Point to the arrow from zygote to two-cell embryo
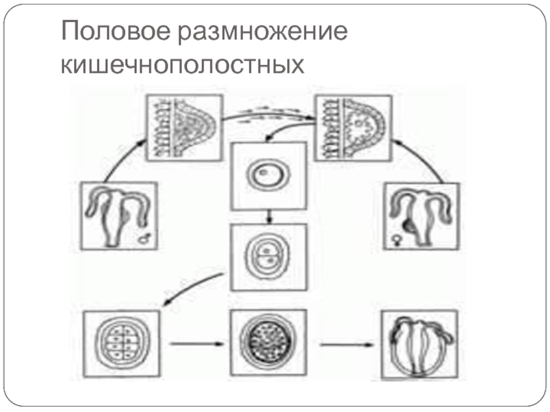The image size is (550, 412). pos(269,216)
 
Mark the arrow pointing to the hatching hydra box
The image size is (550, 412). pos(344,342)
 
